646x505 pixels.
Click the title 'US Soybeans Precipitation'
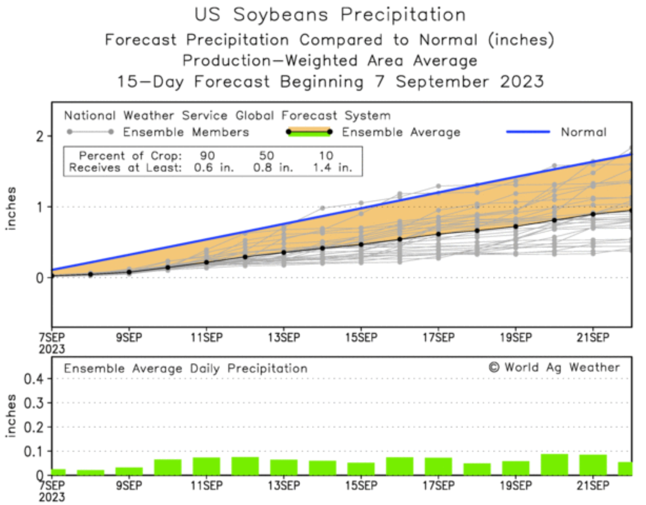(330, 15)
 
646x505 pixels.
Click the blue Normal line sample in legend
(528, 132)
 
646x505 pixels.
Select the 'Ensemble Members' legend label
(186, 132)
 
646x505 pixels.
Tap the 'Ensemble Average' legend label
(401, 132)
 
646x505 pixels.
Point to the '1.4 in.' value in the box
(332, 168)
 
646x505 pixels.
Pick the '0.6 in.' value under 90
(213, 168)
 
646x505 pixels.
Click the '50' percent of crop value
(266, 156)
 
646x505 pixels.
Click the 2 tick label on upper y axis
(40, 136)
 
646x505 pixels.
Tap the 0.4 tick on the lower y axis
(34, 379)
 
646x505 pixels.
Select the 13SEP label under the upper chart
(284, 338)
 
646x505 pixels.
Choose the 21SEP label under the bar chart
(593, 485)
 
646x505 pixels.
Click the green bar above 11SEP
(207, 466)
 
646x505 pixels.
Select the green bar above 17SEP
(438, 466)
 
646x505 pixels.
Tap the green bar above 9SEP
(129, 471)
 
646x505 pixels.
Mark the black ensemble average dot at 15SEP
(361, 245)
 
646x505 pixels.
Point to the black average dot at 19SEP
(516, 226)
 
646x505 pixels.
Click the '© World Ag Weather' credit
(554, 368)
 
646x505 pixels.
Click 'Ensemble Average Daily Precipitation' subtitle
(186, 369)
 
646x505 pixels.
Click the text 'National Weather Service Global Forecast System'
(227, 116)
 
